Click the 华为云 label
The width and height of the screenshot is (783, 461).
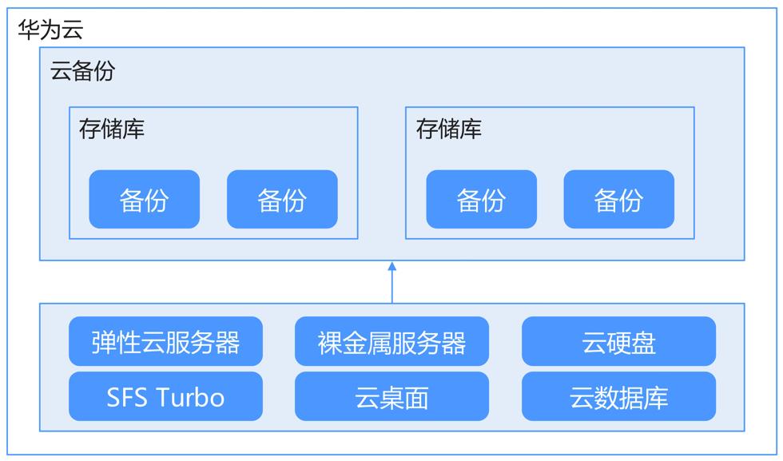tap(50, 30)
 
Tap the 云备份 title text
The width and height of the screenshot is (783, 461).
tap(82, 70)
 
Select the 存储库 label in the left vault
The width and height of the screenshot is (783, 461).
tap(112, 129)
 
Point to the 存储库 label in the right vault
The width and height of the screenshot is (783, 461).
tap(449, 129)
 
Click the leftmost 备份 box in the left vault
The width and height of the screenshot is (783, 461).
tap(145, 199)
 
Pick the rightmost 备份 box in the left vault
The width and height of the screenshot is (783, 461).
tap(282, 199)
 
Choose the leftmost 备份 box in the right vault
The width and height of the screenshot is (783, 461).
tap(481, 199)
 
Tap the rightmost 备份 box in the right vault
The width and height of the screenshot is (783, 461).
tap(619, 199)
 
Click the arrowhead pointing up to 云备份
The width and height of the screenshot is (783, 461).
tap(392, 266)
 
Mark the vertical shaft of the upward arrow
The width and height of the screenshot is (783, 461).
tap(392, 287)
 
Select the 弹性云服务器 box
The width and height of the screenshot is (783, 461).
tap(166, 341)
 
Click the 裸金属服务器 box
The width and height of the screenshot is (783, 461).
tap(392, 341)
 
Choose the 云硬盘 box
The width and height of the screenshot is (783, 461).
tap(618, 341)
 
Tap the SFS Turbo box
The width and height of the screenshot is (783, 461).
tap(166, 396)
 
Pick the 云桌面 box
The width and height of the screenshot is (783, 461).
tap(392, 396)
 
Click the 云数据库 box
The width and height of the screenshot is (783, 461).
tap(618, 396)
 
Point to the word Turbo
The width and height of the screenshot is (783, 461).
tap(191, 398)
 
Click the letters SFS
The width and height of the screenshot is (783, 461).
tap(127, 398)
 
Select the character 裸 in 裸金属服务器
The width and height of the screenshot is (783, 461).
tap(329, 343)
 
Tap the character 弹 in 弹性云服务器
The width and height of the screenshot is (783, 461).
tap(103, 343)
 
